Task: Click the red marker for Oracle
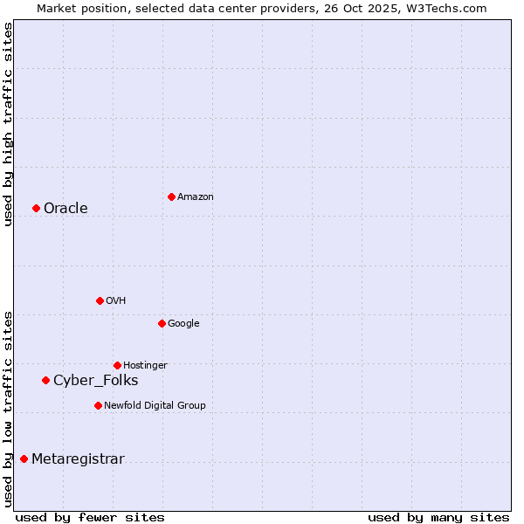pos(36,208)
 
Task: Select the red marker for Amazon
pos(171,196)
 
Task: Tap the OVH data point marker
pos(100,300)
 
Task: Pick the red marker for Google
pos(162,323)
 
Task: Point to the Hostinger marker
pos(117,365)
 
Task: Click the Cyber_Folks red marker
pos(45,380)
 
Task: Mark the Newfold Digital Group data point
pos(98,405)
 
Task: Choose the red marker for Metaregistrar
pos(24,459)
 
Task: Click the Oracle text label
pos(65,208)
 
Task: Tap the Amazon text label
pos(196,196)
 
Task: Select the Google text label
pos(183,323)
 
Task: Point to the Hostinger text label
pos(145,365)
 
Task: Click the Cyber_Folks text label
pos(96,380)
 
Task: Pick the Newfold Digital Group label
pos(155,405)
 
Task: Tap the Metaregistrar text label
pos(78,459)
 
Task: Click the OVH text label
pos(116,300)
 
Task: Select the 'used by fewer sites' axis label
pos(90,517)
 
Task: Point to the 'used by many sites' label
pos(438,517)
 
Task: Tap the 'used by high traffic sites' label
pos(8,124)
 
